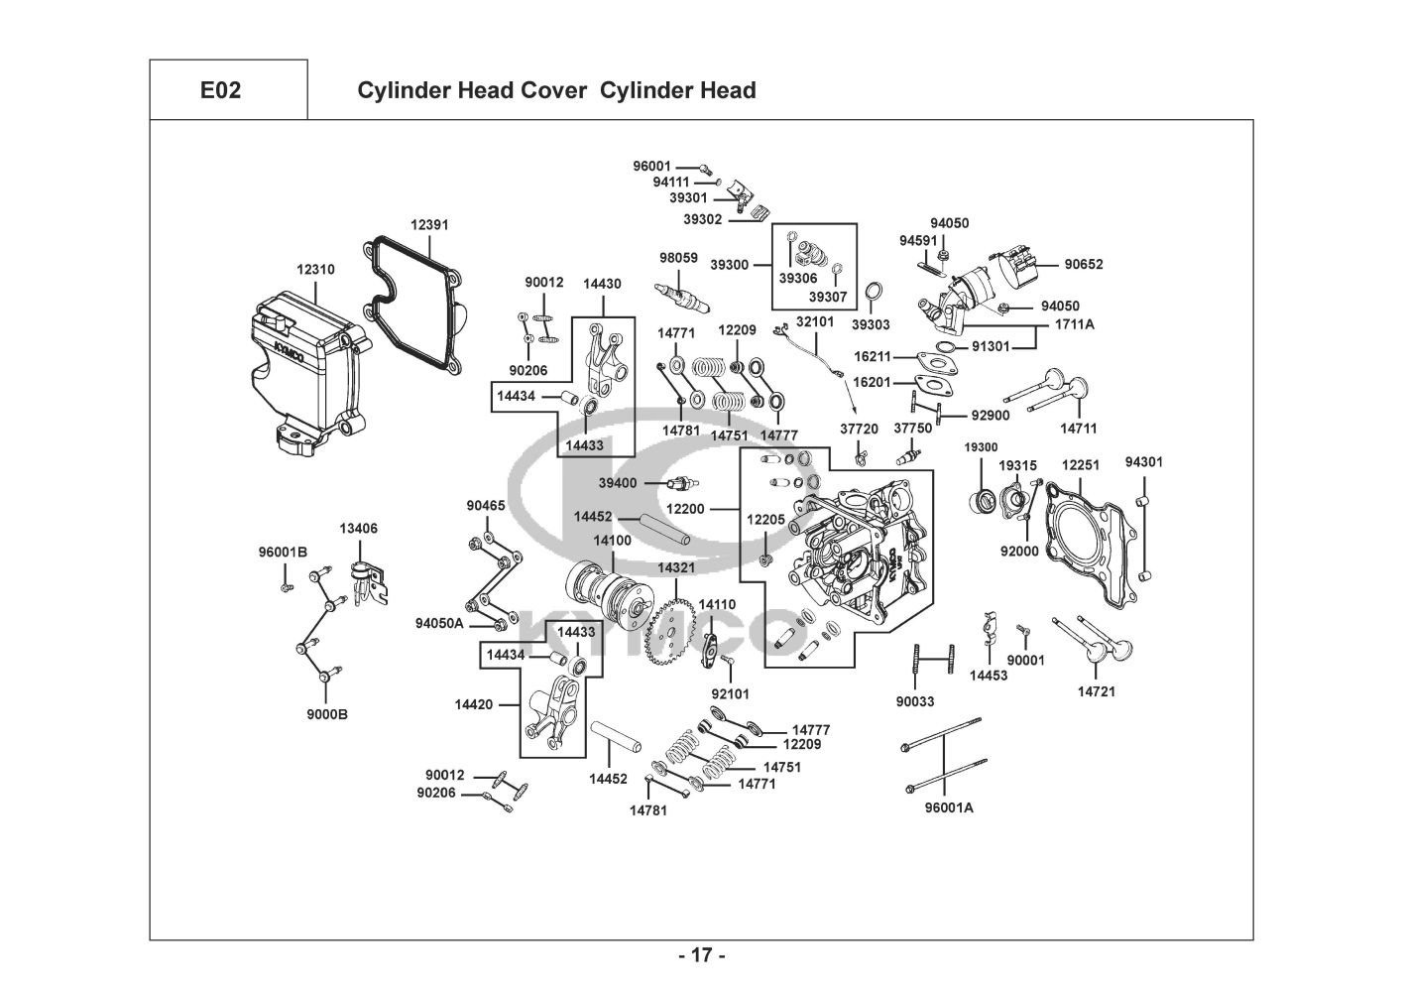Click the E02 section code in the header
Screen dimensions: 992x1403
pyautogui.click(x=220, y=91)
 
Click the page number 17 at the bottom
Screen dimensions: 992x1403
pyautogui.click(x=701, y=956)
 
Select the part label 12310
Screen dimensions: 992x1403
pyautogui.click(x=315, y=269)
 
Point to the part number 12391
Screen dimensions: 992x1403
pyautogui.click(x=429, y=225)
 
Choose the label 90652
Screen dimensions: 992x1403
pyautogui.click(x=1084, y=265)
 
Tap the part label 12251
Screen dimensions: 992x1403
pyautogui.click(x=1081, y=464)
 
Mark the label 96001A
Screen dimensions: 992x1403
pyautogui.click(x=949, y=807)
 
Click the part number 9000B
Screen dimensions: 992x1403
pyautogui.click(x=326, y=714)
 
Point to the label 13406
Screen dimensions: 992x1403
pyautogui.click(x=359, y=529)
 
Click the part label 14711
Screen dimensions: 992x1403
pyautogui.click(x=1079, y=429)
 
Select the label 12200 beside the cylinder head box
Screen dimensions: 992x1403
pyautogui.click(x=684, y=509)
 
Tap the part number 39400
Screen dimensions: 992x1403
pyautogui.click(x=617, y=483)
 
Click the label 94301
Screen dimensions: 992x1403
pyautogui.click(x=1144, y=462)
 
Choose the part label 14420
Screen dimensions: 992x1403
pyautogui.click(x=474, y=704)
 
